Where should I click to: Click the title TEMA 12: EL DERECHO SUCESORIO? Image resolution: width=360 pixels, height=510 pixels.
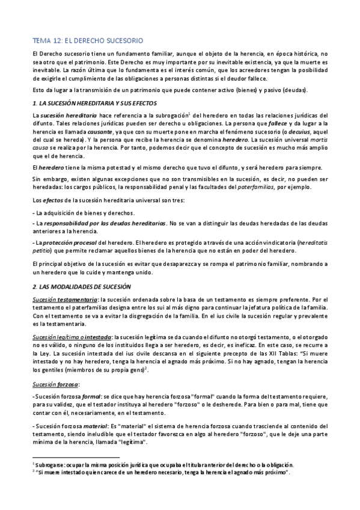(87, 41)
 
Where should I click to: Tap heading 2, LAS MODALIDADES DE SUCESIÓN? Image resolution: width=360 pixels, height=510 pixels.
(83, 287)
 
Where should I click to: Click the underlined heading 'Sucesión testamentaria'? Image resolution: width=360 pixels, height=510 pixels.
(64, 300)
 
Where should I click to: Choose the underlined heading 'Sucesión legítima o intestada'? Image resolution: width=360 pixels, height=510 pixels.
(71, 338)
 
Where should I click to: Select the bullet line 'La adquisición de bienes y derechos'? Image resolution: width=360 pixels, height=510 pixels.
(84, 213)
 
